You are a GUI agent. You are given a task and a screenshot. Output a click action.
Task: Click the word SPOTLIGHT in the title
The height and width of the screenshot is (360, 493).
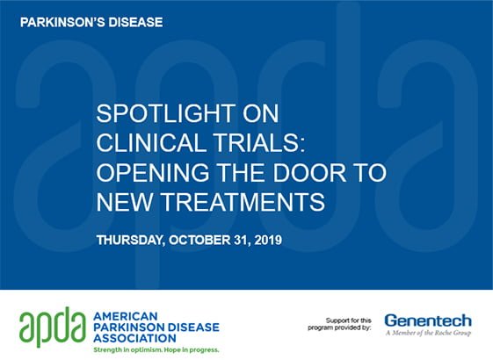point(165,113)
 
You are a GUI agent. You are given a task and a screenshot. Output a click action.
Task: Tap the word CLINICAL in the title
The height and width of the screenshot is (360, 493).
point(150,143)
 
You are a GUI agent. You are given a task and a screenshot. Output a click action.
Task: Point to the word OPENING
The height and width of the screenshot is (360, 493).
point(153,172)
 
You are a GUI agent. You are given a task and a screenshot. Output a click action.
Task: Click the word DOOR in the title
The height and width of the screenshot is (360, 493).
point(309,172)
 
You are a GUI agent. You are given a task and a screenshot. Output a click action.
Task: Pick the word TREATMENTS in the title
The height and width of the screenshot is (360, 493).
point(243,202)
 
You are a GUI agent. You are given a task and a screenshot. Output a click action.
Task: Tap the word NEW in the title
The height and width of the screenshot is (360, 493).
point(125,202)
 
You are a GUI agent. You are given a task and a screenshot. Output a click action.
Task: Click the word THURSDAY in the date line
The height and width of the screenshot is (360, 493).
point(131,241)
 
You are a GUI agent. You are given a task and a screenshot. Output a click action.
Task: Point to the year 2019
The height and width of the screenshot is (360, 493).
point(268,240)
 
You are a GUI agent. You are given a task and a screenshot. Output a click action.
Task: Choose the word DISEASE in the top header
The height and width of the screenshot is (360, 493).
point(135,22)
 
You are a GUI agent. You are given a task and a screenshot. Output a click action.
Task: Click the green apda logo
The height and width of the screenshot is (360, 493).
point(53,327)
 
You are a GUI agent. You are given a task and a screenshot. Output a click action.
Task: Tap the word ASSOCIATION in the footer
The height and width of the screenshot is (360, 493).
point(134,338)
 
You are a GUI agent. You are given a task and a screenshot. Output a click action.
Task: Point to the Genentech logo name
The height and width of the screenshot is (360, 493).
point(428,321)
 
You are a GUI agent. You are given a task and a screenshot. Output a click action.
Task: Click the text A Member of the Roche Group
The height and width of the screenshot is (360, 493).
point(428,333)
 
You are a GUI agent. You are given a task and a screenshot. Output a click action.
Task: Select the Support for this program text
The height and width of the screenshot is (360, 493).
point(339,324)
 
